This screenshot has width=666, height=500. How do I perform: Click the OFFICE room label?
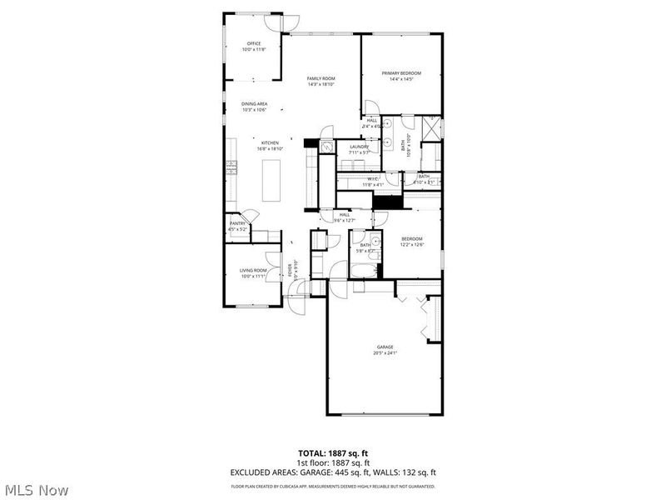[x=253, y=43]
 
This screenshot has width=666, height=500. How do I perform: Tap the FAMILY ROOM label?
[x=321, y=78]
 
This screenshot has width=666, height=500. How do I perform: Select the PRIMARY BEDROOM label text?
[x=401, y=73]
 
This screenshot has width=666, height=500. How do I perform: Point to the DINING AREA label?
[x=254, y=104]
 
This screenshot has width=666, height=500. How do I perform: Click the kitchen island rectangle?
[x=271, y=180]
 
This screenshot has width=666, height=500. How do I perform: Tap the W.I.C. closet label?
[x=373, y=178]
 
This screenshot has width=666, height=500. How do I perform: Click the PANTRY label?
[x=237, y=224]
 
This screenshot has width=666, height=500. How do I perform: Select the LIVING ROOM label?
[x=253, y=270]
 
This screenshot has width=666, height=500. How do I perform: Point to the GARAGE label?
[x=385, y=347]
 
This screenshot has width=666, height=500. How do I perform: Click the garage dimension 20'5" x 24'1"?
[x=385, y=353]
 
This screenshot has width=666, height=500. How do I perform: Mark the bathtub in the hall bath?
[x=365, y=270]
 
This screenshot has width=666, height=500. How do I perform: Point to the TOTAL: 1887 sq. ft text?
[x=332, y=453]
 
